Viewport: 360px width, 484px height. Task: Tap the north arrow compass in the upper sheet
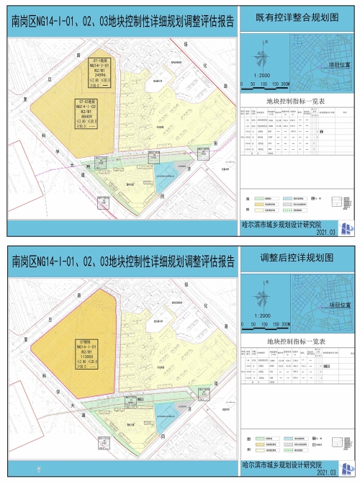point(266,51)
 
